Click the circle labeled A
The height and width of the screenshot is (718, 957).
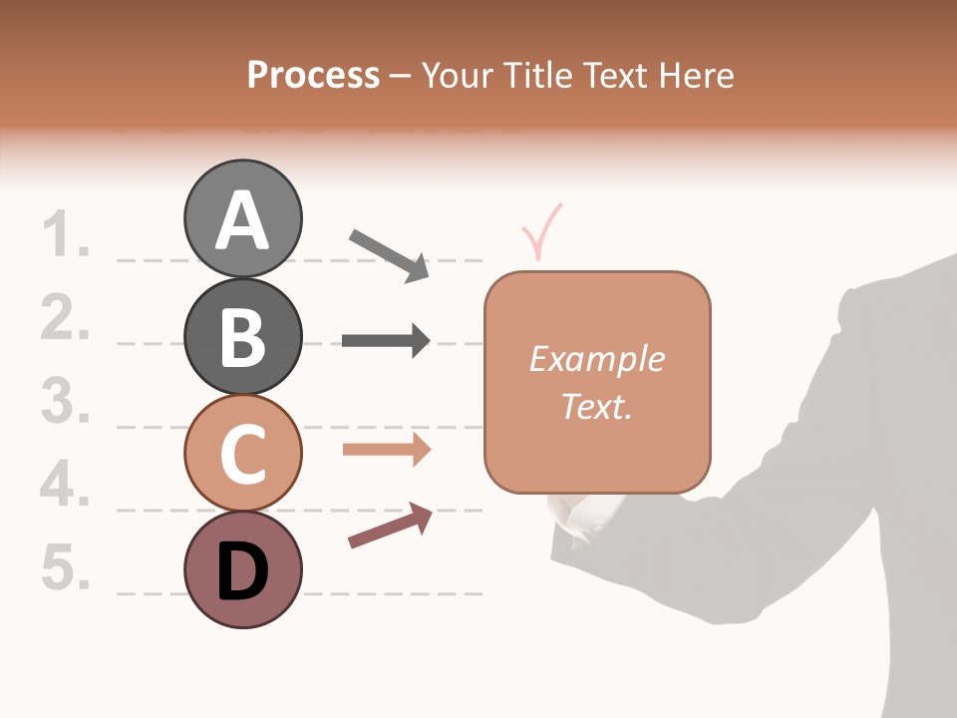242,219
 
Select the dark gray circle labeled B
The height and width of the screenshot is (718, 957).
242,336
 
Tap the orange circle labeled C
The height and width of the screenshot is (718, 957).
242,454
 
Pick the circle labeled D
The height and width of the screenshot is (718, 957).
242,570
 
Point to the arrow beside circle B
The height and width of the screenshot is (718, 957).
386,340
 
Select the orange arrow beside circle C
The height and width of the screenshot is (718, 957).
386,450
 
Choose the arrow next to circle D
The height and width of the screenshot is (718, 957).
390,526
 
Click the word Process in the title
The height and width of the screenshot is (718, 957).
313,75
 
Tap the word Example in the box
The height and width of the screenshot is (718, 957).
596,359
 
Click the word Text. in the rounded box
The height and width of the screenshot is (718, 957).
596,406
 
